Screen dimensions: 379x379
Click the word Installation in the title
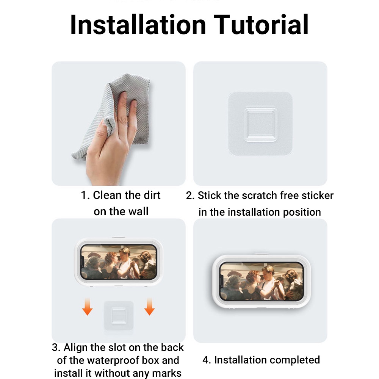(138, 25)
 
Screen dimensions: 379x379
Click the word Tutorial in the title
(261, 25)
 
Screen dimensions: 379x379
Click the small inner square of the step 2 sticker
(260, 124)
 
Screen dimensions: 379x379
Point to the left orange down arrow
(87, 307)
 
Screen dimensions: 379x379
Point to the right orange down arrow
(149, 307)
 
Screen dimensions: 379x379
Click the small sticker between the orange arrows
(119, 316)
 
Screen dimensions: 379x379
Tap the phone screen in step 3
(118, 262)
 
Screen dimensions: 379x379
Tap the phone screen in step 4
(261, 282)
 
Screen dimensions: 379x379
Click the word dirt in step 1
(152, 195)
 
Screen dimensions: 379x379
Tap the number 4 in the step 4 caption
(206, 360)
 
